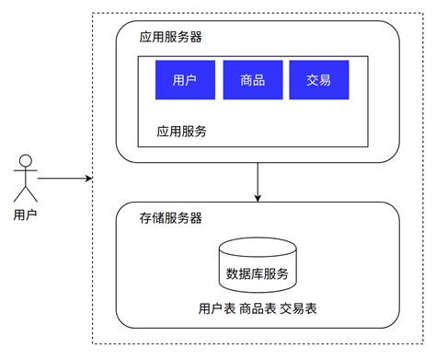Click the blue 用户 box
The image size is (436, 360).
click(185, 80)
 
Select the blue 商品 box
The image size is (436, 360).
click(252, 80)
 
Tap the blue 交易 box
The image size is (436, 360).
click(319, 80)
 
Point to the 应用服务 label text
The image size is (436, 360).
click(182, 131)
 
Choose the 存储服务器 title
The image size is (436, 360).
click(171, 218)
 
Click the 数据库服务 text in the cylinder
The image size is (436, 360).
click(258, 273)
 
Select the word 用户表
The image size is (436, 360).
click(217, 308)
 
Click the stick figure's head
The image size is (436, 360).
click(25, 162)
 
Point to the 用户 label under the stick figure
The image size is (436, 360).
click(26, 215)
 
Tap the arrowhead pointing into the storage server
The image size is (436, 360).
click(258, 197)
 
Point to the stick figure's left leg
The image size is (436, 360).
click(19, 194)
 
